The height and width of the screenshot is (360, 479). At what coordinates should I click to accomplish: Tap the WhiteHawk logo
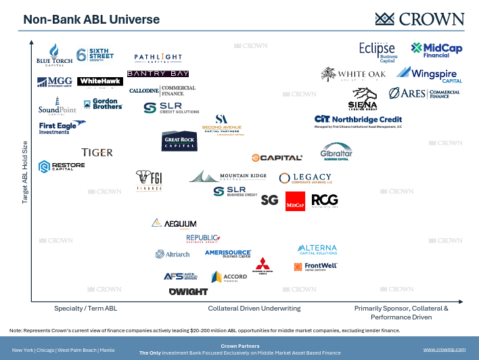point(99,82)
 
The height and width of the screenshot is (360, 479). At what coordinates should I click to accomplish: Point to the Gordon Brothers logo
point(102,104)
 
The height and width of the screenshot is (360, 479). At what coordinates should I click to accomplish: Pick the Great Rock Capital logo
point(179,141)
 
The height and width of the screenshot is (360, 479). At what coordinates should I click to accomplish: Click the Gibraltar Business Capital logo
point(336,152)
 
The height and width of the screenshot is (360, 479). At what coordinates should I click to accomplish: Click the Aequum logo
point(174,223)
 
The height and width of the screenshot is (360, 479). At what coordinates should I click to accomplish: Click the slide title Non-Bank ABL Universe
point(91,20)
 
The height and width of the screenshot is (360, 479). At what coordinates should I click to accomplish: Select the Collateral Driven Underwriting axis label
point(254,309)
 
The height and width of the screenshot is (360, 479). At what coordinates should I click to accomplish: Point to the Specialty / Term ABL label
point(86,309)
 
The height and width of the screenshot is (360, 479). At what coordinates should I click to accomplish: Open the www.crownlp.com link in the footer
point(444,349)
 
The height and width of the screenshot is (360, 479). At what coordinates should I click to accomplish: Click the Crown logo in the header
point(420,18)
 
